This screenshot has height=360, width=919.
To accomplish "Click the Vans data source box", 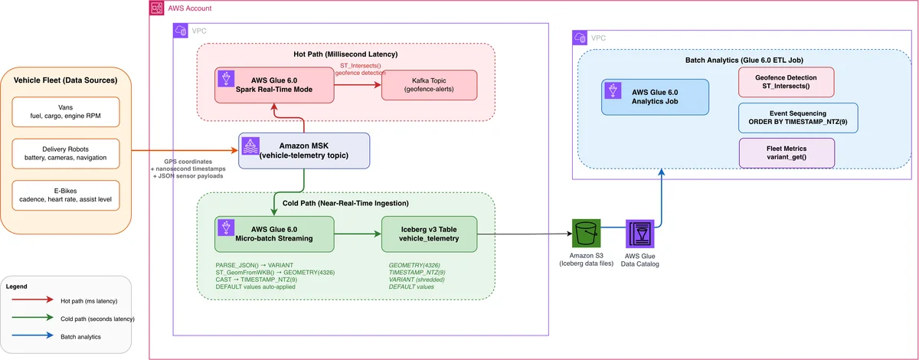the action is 66,112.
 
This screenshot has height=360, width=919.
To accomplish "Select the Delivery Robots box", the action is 66,153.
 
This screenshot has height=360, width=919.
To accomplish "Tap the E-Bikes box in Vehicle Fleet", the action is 66,195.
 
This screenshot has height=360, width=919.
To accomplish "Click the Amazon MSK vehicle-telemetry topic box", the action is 304,151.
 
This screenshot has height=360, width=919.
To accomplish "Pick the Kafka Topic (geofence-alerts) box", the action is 429,85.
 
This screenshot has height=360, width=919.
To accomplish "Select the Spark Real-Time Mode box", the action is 274,85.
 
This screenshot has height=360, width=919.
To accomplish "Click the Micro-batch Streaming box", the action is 274,234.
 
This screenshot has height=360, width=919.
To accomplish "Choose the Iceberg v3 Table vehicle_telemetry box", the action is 429,234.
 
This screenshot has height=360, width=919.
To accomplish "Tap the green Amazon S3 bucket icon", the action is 587,233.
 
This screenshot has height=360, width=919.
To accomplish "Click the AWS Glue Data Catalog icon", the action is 640,234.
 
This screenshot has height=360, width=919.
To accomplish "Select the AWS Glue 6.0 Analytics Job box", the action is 655,97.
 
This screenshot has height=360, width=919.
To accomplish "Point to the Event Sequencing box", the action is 798,118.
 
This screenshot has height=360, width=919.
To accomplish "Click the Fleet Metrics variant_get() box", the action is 787,152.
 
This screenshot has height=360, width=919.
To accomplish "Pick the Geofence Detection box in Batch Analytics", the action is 786,82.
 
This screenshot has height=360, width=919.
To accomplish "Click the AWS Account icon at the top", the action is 156,8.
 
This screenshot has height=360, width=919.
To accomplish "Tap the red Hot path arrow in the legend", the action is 32,299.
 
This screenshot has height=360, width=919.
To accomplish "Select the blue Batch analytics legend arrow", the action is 32,335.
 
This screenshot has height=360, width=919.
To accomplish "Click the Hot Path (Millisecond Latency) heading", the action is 345,54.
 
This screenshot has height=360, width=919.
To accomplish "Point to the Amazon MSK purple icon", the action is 250,146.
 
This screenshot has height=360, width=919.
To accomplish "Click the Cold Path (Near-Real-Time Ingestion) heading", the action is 345,203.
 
